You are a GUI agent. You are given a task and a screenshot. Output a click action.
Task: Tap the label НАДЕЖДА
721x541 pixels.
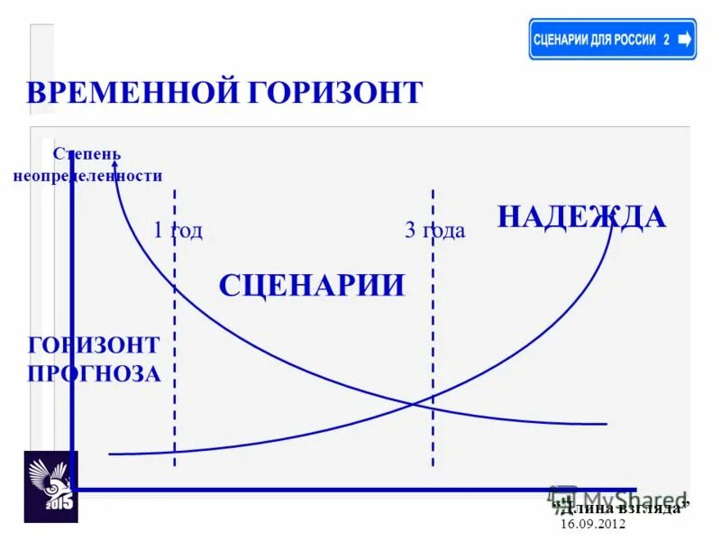pyautogui.click(x=581, y=217)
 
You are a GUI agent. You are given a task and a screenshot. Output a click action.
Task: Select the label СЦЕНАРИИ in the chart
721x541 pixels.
pyautogui.click(x=312, y=286)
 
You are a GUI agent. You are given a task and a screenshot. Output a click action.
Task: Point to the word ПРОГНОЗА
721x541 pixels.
pyautogui.click(x=95, y=373)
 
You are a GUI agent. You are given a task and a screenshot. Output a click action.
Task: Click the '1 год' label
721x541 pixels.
pyautogui.click(x=178, y=231)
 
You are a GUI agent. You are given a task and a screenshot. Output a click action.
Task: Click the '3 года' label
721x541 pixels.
pyautogui.click(x=434, y=231)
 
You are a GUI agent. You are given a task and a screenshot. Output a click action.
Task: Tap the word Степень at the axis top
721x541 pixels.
pyautogui.click(x=87, y=155)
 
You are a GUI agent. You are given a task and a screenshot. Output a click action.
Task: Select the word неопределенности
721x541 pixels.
pyautogui.click(x=87, y=176)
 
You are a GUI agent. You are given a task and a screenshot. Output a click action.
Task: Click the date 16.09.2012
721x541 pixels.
pyautogui.click(x=592, y=524)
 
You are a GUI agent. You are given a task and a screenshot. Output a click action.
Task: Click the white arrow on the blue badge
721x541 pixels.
pyautogui.click(x=684, y=39)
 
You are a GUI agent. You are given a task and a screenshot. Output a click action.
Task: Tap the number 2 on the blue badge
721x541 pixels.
pyautogui.click(x=666, y=40)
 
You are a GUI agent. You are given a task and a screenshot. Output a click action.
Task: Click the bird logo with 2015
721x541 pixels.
pyautogui.click(x=50, y=487)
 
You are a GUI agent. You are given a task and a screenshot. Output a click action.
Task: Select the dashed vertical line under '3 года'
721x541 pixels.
pyautogui.click(x=433, y=343)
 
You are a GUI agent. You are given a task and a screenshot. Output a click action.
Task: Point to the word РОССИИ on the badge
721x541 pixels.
pyautogui.click(x=634, y=40)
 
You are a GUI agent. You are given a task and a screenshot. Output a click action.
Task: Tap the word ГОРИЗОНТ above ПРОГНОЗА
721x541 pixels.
pyautogui.click(x=94, y=345)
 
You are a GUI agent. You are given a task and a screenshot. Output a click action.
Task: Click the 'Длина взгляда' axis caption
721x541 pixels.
pyautogui.click(x=621, y=508)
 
